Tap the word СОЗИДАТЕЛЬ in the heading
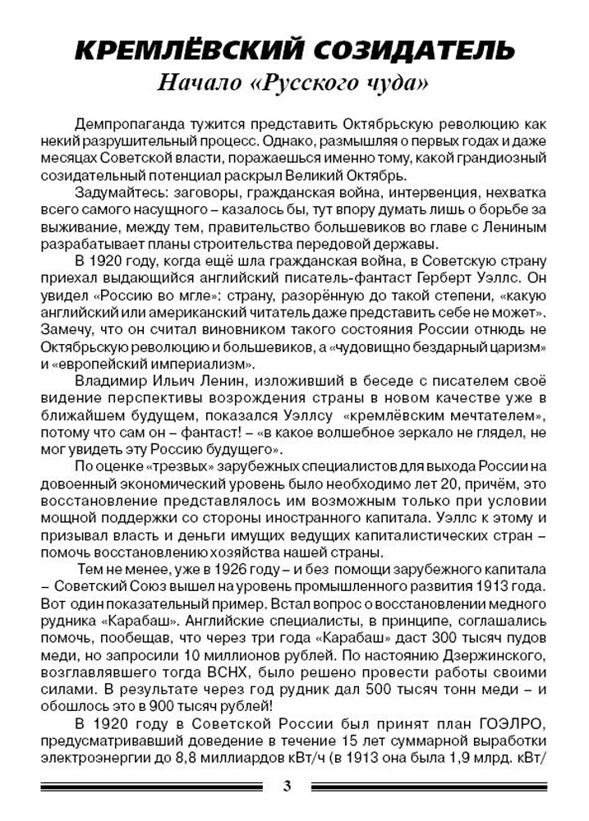pyautogui.click(x=415, y=50)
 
